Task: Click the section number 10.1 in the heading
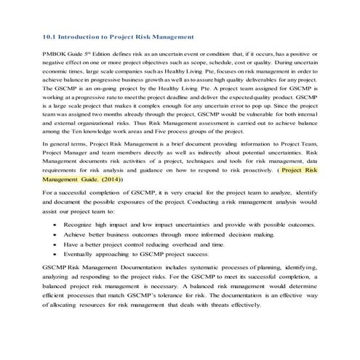point(49,36)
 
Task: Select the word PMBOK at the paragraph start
point(57,55)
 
